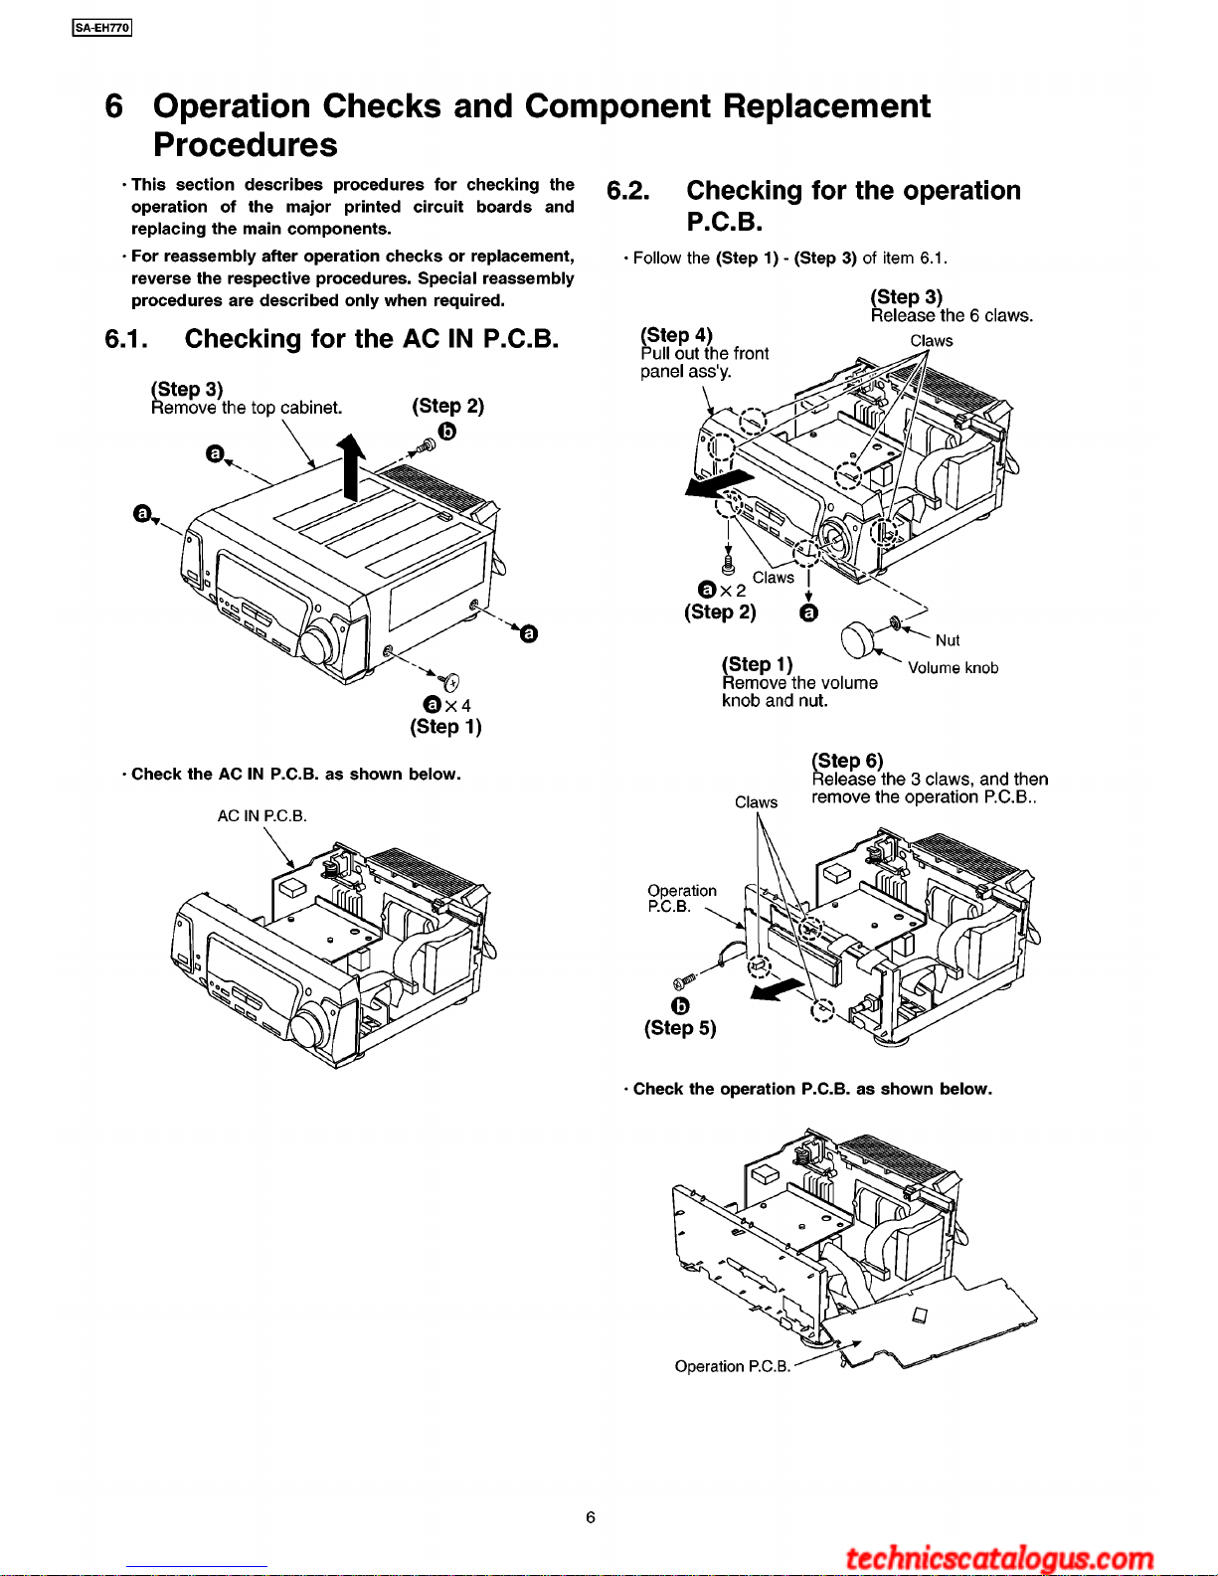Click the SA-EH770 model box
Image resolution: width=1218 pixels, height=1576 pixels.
coord(102,28)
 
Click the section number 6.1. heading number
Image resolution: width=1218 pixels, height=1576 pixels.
coord(126,339)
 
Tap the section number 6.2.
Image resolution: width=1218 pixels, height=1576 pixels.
coord(628,191)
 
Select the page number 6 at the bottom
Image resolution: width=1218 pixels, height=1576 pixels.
coord(591,1516)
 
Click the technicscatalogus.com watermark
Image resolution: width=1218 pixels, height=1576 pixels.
coord(998,1557)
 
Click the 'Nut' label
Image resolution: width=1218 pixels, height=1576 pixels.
coord(948,640)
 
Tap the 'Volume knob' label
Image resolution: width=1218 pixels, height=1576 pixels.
coord(953,668)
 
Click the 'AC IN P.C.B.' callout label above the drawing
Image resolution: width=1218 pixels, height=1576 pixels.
coord(262,816)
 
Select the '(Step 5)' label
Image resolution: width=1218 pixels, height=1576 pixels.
coord(680,1028)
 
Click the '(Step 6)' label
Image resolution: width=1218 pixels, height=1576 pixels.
coord(847,761)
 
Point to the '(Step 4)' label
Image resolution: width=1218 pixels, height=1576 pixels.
coord(677,335)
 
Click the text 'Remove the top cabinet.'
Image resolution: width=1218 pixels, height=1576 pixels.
coord(247,408)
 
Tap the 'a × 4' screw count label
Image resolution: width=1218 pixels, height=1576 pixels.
coord(447,705)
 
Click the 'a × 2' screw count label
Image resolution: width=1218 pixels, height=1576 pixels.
coord(722,590)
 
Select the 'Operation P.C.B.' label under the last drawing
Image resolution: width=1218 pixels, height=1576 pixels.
coord(733,1366)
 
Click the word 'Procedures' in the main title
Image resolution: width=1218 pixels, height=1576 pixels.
coord(246,145)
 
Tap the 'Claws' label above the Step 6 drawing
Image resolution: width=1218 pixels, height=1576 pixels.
coord(756,802)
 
